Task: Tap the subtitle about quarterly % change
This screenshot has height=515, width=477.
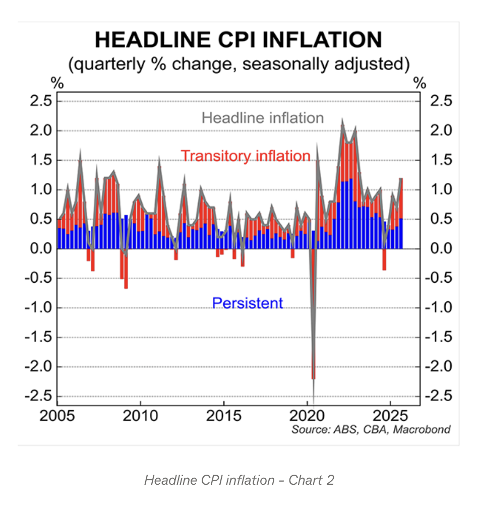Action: (239, 65)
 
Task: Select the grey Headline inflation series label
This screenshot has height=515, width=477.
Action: (263, 118)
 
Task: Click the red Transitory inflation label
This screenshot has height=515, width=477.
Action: (246, 156)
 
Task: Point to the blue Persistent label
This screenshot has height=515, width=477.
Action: (248, 303)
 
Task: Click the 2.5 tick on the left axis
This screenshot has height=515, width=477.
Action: (41, 101)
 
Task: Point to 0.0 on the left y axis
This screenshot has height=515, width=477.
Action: (41, 249)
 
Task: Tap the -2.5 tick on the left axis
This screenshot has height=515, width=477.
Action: (38, 396)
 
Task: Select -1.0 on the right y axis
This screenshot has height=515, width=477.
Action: (437, 307)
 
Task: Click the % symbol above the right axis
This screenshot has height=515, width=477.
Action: (420, 84)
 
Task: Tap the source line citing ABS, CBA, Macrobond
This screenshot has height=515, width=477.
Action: (371, 430)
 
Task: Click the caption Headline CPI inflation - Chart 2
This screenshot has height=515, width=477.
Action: (239, 480)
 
